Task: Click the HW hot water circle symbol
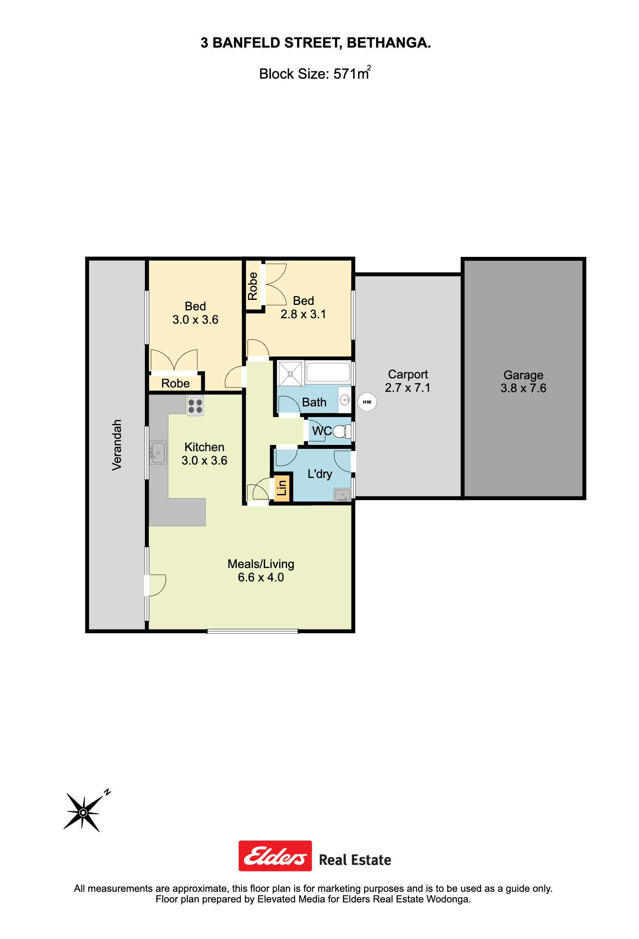point(367,402)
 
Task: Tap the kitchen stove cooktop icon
point(195,406)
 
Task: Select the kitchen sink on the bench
point(158,452)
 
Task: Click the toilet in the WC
point(342,431)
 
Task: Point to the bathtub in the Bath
point(328,372)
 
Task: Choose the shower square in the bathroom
point(291,374)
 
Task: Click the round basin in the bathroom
point(345,400)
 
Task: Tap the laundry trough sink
point(342,494)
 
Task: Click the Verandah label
point(117,445)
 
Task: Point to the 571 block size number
point(345,74)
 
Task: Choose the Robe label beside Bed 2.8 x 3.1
point(252,286)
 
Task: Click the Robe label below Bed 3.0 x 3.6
point(176,384)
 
